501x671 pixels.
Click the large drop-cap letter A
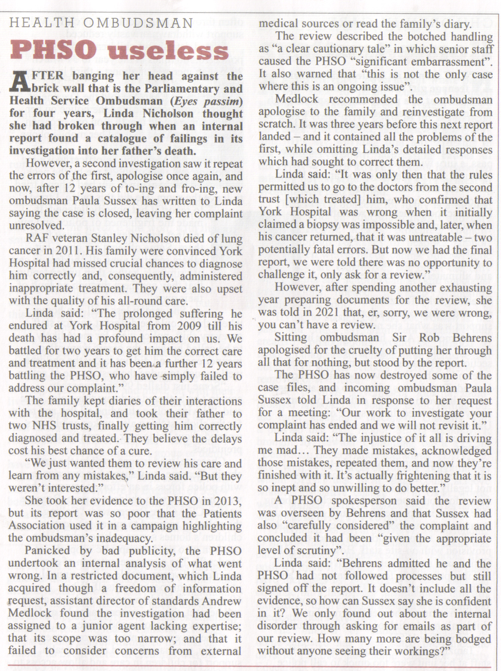point(17,82)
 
